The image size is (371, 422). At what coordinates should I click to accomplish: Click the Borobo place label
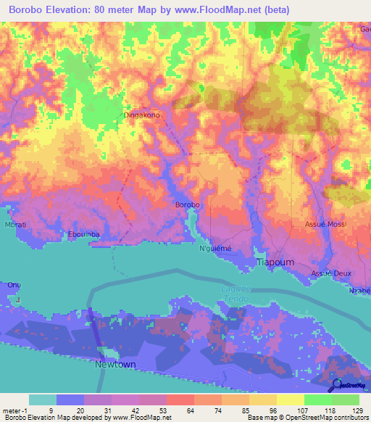(x=187, y=205)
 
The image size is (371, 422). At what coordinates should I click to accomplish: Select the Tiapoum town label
(x=275, y=262)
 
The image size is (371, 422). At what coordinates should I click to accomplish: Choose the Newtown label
(x=115, y=364)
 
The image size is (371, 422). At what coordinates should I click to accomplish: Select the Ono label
(x=14, y=285)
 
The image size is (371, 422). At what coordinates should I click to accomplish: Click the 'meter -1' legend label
(x=14, y=411)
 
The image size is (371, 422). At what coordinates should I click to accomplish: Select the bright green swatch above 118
(x=318, y=400)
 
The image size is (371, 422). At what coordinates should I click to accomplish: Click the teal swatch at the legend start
(x=42, y=400)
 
